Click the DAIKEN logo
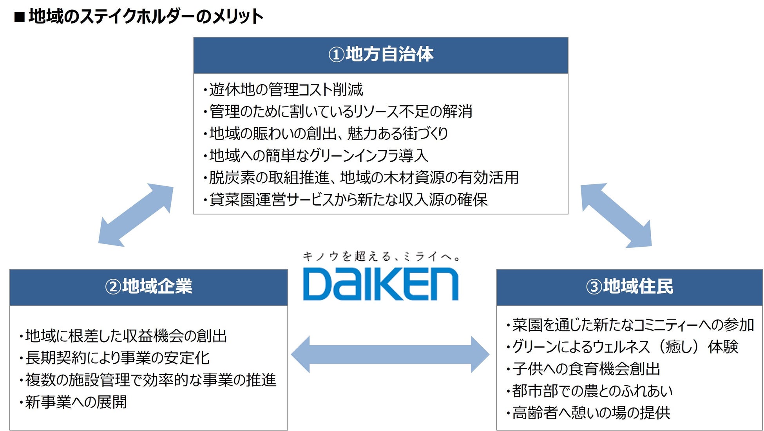(x=380, y=284)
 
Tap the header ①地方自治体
(x=380, y=55)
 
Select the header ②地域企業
(x=148, y=287)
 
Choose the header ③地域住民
(x=629, y=287)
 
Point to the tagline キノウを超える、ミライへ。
(x=381, y=256)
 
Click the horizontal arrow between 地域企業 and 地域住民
(x=390, y=354)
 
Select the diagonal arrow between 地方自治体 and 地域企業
(x=136, y=215)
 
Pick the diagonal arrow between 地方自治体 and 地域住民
(x=616, y=215)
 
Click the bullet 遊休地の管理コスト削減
(x=286, y=90)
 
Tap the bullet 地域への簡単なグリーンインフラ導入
(x=319, y=156)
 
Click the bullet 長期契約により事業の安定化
(x=117, y=358)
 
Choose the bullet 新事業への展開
(x=76, y=402)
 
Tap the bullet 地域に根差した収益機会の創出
(x=126, y=336)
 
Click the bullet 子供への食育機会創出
(x=586, y=369)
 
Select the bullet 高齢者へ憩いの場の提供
(x=591, y=413)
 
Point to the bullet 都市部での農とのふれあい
(x=592, y=391)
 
